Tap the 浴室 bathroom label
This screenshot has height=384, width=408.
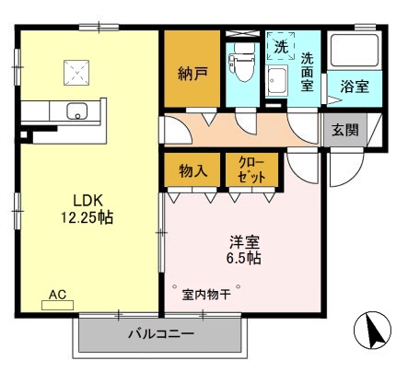pos(355,87)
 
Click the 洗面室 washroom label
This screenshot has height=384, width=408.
pos(308,70)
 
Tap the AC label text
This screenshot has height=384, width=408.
pos(57,295)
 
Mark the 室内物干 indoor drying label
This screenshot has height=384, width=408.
pos(209,294)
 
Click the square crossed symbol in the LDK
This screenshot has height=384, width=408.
pos(76,73)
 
